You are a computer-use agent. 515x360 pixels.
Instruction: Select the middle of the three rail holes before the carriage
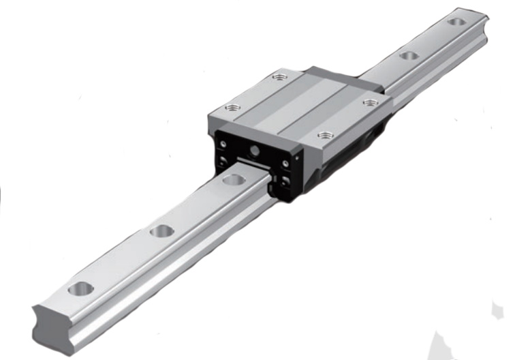point(161,231)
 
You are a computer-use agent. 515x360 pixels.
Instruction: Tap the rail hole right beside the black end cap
point(234,180)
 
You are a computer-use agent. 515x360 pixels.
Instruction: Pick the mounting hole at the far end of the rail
point(457,22)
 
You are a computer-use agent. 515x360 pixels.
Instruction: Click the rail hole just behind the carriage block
point(408,55)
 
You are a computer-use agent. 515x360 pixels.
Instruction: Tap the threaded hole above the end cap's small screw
point(232,106)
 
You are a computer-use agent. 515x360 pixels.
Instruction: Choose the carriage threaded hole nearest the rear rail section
point(370,102)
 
